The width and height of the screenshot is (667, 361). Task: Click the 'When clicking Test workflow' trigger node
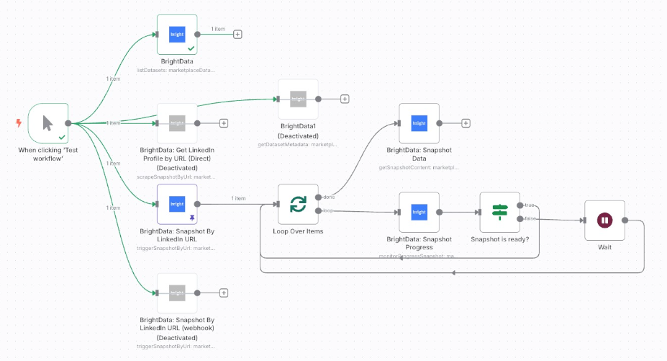point(47,123)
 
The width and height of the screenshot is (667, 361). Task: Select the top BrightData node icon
point(177,34)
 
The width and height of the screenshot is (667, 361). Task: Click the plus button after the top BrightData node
point(237,34)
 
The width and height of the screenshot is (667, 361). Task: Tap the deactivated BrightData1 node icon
point(298,99)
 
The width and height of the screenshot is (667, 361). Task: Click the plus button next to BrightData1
point(345,99)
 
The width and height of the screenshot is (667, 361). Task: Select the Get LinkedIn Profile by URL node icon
point(177,123)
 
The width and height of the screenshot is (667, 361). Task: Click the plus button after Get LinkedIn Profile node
point(224,123)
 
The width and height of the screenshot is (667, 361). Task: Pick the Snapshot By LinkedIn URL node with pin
point(177,204)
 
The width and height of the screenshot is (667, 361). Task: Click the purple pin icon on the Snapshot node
point(191,216)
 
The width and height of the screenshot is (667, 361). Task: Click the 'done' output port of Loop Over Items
point(318,197)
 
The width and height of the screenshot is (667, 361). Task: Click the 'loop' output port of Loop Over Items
point(318,211)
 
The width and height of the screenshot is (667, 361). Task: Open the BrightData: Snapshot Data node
point(419,123)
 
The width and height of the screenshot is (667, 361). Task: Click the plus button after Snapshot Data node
point(466,123)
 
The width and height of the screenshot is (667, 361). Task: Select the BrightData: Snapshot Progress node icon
point(419,212)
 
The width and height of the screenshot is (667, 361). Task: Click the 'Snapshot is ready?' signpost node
point(499,212)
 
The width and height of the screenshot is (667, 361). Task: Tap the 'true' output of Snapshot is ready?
point(520,205)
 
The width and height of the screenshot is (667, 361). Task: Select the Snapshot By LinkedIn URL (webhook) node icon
point(177,293)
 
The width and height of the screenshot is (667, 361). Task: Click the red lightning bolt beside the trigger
point(19,123)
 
